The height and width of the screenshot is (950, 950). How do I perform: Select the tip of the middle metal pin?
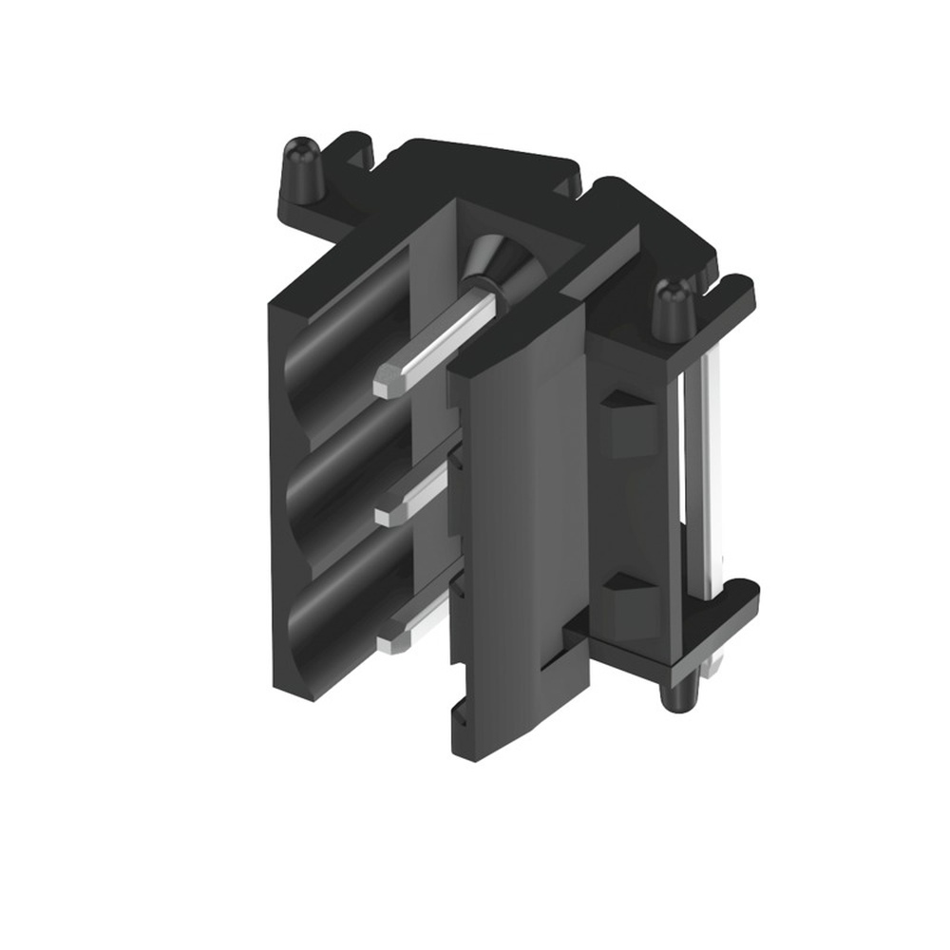pos(388,515)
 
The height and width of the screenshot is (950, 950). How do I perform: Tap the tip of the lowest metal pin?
pos(388,643)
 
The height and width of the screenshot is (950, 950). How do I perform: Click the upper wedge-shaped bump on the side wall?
pos(627,418)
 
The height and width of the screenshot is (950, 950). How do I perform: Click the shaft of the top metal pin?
pos(446,332)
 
